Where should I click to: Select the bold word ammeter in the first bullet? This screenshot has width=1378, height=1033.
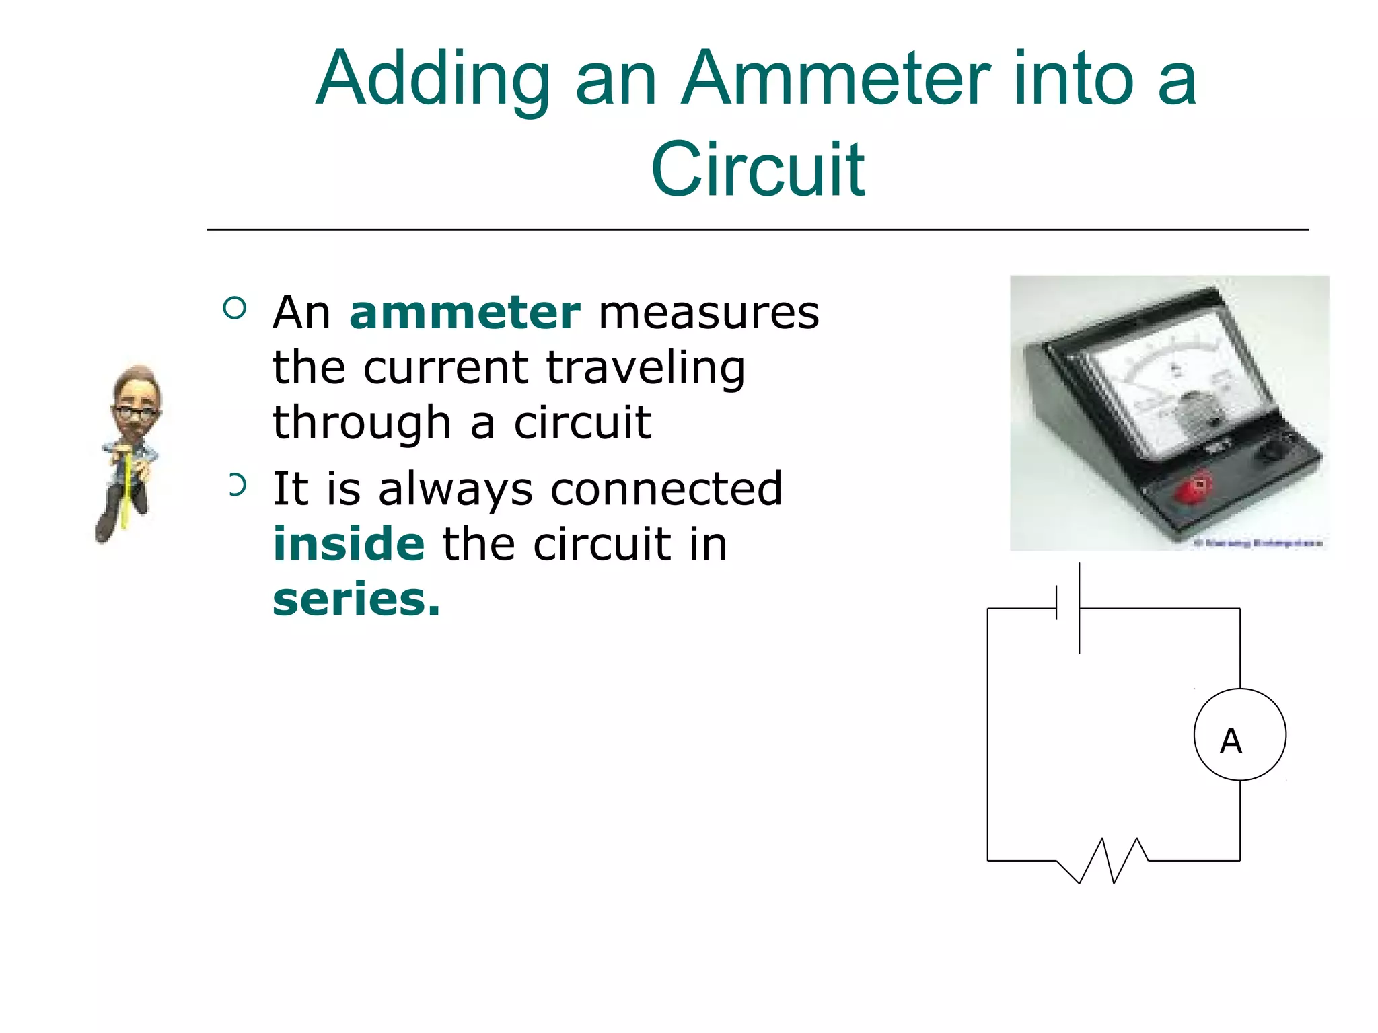click(464, 313)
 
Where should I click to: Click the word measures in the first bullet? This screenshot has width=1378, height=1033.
click(709, 313)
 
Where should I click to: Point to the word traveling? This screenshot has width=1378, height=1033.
click(645, 369)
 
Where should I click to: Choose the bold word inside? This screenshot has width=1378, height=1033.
click(349, 543)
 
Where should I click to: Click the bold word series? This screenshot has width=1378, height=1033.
click(356, 599)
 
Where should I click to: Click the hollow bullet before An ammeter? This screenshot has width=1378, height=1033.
click(234, 309)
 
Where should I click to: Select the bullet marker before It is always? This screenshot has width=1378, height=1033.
click(237, 485)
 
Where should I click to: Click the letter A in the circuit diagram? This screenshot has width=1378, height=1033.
click(1231, 741)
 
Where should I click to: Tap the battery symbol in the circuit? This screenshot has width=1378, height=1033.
click(1068, 608)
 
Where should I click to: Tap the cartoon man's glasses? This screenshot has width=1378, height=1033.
click(136, 412)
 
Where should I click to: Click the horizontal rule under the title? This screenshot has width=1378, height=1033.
click(757, 230)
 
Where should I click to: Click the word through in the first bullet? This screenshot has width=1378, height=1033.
click(361, 424)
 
